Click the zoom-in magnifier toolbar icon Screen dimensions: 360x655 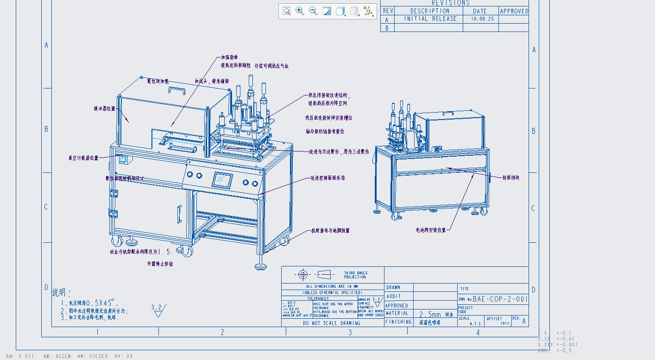[300, 11]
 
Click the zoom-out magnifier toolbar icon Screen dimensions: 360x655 [313, 11]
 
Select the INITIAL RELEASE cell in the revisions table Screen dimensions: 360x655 [430, 19]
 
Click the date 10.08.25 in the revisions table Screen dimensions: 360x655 [482, 19]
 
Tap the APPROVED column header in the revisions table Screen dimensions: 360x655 [514, 11]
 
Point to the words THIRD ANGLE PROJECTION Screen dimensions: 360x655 [355, 275]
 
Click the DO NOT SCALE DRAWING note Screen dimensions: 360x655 [331, 323]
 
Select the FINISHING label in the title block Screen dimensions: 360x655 [398, 322]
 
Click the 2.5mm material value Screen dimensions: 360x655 [430, 314]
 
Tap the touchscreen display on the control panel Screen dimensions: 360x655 [222, 180]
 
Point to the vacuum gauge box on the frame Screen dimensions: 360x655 [124, 160]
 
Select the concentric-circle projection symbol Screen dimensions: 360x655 [303, 275]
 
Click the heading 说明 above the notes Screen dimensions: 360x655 [61, 293]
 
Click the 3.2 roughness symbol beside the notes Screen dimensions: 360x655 [157, 310]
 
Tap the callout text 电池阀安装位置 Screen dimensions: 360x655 [430, 230]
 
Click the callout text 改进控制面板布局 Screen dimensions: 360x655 [327, 178]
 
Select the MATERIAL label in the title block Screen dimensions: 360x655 [397, 313]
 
